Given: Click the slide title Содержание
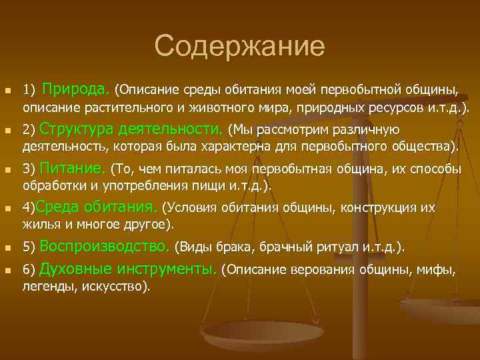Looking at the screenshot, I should [x=239, y=46].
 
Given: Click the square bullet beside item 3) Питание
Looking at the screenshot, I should [x=8, y=170].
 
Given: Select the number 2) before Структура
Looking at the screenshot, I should [x=29, y=130].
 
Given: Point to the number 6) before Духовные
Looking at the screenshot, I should [x=29, y=271].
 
